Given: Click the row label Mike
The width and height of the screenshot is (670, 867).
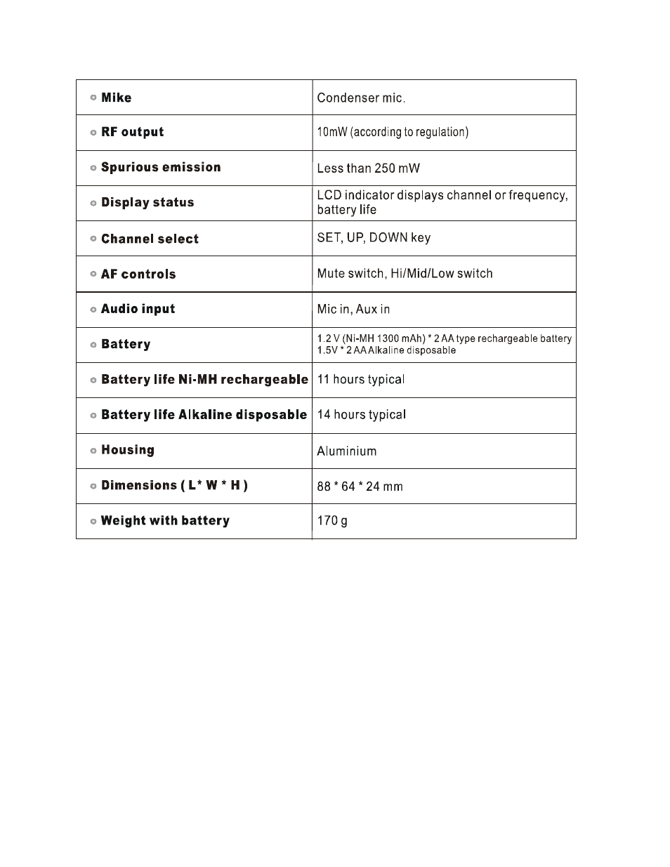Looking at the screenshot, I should click(x=116, y=98).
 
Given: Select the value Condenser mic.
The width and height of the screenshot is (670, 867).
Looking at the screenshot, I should click(x=361, y=98).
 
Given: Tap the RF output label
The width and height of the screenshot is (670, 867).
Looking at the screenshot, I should click(x=132, y=132).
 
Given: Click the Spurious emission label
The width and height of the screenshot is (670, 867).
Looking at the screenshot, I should click(x=161, y=167).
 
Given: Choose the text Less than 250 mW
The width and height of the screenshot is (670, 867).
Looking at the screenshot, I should click(x=368, y=168).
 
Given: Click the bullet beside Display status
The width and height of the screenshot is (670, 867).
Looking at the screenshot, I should click(x=93, y=203).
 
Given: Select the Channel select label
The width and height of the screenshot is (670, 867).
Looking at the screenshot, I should click(x=150, y=239).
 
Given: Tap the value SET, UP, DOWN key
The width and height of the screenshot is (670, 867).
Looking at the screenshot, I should click(x=374, y=237).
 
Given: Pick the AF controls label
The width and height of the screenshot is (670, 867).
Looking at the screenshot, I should click(x=138, y=274).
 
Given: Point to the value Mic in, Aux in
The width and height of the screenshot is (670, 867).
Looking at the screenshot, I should click(x=353, y=309).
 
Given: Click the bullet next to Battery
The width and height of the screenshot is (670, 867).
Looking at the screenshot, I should click(x=93, y=345).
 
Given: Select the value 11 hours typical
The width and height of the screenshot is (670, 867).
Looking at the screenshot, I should click(x=361, y=379).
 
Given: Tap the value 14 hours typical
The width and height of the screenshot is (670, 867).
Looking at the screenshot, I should click(x=361, y=414).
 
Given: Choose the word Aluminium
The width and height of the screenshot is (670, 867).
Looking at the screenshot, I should click(x=346, y=451).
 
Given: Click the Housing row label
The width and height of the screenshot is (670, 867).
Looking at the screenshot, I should click(x=127, y=450).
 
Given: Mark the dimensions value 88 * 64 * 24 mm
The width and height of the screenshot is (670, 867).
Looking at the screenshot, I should click(x=360, y=486).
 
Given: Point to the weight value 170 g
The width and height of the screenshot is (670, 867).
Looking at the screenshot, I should click(x=332, y=520).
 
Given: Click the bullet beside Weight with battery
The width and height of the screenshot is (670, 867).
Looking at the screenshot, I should click(x=93, y=521).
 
